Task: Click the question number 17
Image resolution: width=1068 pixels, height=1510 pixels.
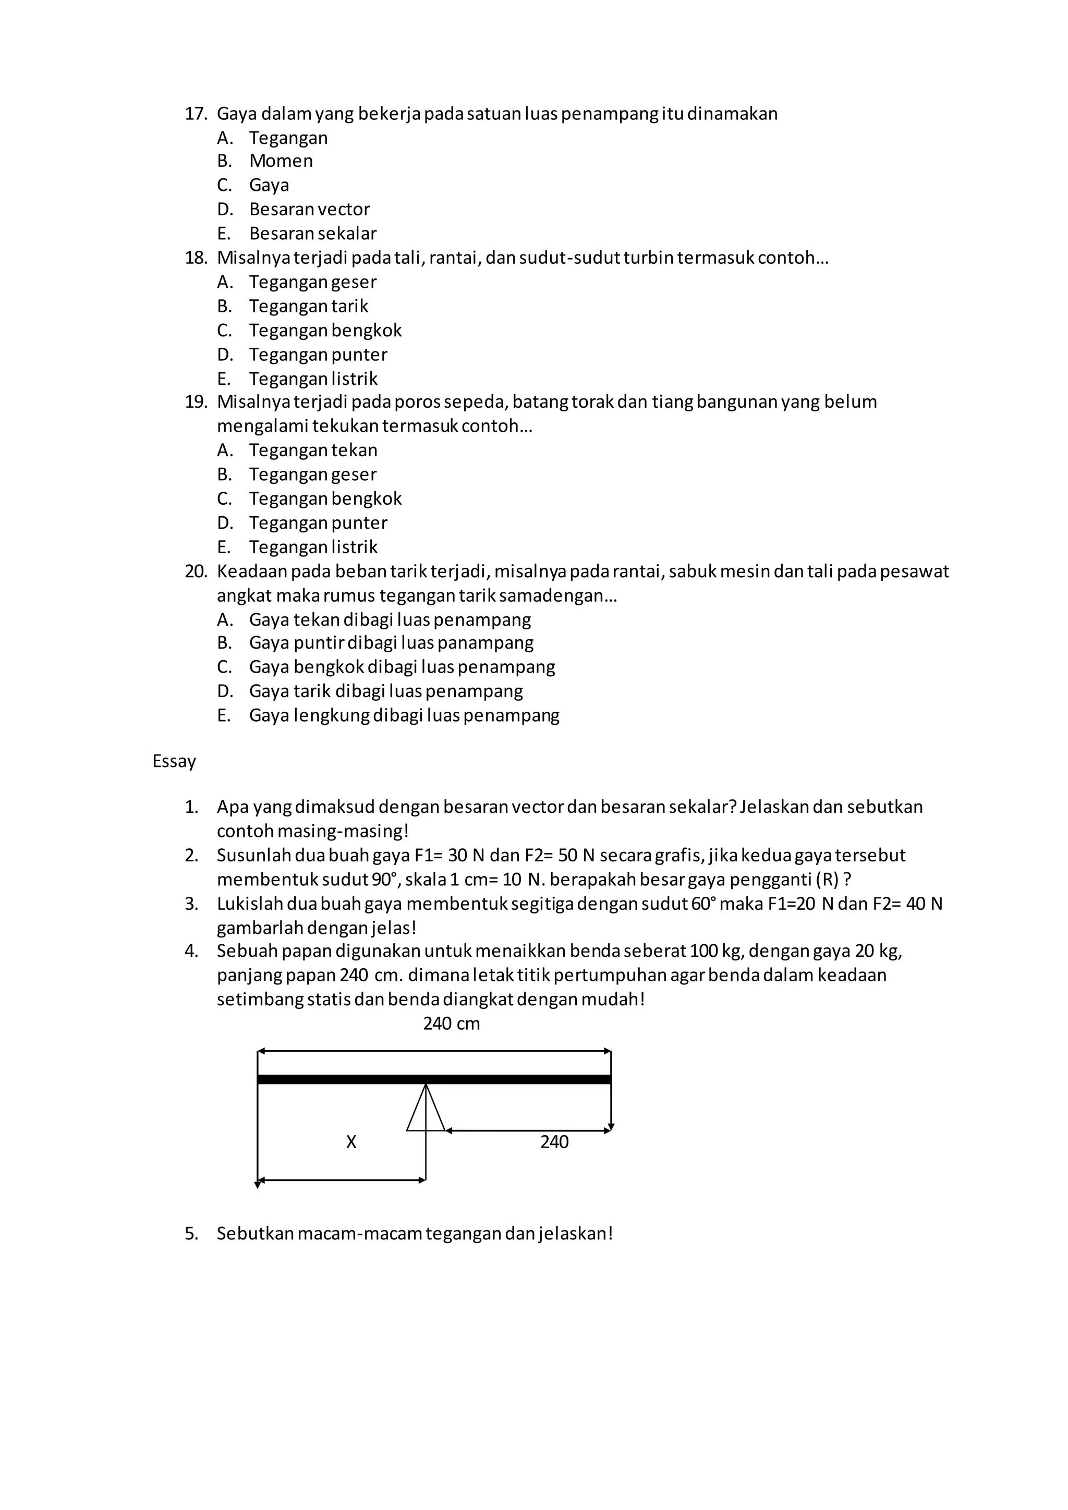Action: [x=196, y=114]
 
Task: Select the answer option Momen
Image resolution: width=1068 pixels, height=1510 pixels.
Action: [x=281, y=161]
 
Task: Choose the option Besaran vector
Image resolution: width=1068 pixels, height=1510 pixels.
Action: [x=309, y=209]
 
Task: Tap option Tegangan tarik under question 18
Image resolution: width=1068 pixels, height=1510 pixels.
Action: [x=308, y=307]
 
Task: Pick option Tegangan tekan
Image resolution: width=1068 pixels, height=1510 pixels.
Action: [x=313, y=450]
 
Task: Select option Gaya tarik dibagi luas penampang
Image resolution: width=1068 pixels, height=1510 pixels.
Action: [x=386, y=691]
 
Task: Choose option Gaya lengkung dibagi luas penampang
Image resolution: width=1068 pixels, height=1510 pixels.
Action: [x=404, y=715]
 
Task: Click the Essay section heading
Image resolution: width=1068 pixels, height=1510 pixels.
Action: [x=174, y=762]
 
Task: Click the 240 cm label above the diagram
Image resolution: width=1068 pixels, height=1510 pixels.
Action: [x=451, y=1024]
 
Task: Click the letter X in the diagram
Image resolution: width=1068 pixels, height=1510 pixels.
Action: [x=351, y=1142]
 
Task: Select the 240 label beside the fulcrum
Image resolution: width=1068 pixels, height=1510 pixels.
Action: [x=554, y=1142]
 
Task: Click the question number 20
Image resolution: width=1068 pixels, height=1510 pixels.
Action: [x=196, y=571]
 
